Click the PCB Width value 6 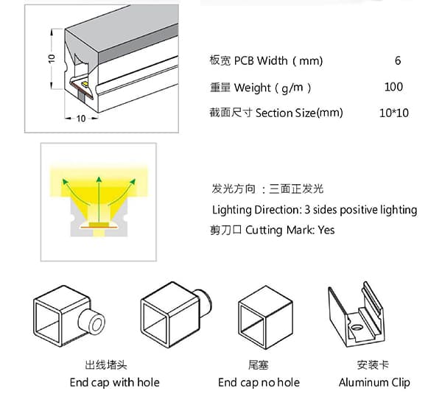[398, 60]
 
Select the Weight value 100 [393, 87]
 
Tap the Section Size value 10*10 [394, 113]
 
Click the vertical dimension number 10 [52, 59]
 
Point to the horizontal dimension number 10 [81, 119]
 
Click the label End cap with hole [114, 382]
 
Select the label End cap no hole [259, 382]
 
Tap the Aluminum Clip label [374, 382]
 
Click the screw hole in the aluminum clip [357, 327]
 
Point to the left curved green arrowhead [65, 181]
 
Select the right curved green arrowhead [133, 181]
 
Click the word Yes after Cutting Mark [326, 230]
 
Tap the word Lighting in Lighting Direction [232, 210]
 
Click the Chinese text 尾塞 [259, 365]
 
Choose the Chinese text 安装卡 [373, 365]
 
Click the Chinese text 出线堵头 [106, 365]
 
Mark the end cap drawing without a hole [265, 317]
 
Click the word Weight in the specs [252, 88]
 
